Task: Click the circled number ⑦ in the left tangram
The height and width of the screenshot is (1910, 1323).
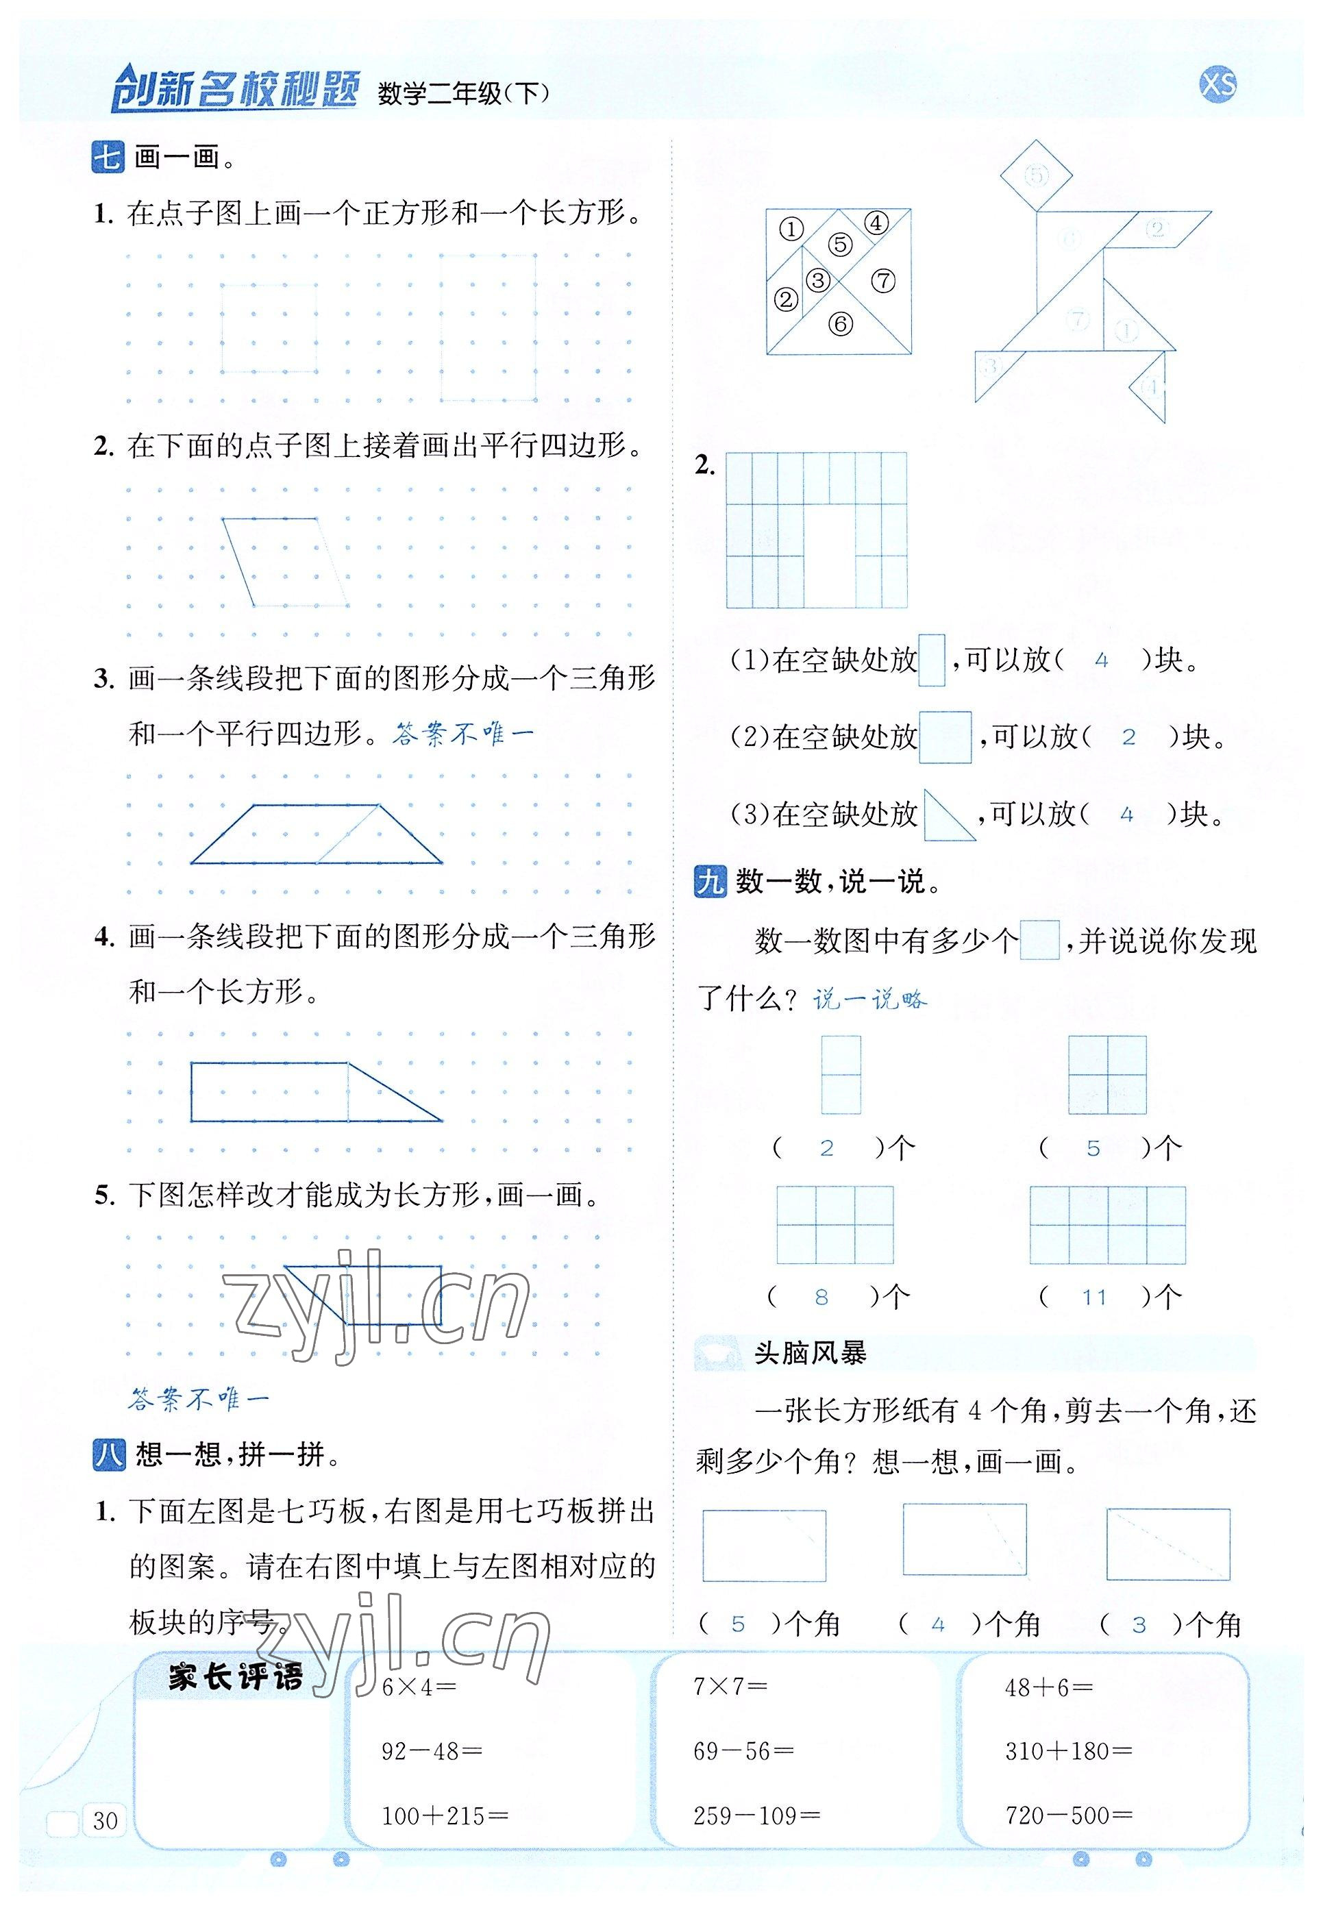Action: (884, 281)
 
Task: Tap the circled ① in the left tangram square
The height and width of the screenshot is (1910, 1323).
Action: (791, 229)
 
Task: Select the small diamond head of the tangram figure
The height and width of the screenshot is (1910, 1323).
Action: (1036, 175)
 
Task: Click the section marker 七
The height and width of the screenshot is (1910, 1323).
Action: (108, 157)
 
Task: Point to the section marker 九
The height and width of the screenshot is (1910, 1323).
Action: (710, 882)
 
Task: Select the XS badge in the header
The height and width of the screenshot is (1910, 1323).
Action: (1217, 84)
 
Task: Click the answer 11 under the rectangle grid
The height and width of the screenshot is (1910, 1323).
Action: (1094, 1297)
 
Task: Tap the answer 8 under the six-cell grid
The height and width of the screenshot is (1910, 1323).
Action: (821, 1297)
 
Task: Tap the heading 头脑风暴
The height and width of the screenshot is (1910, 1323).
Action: (810, 1353)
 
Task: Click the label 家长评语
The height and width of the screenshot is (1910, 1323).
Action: (236, 1677)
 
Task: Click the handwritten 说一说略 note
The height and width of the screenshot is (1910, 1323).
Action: (869, 1000)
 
